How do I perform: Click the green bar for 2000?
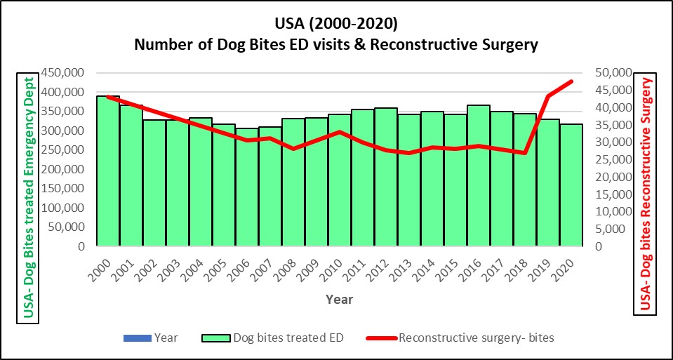(x=108, y=171)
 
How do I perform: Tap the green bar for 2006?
(x=247, y=187)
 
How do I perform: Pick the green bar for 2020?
(x=571, y=185)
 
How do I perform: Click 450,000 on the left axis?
(x=65, y=73)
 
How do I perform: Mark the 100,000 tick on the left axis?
(x=65, y=208)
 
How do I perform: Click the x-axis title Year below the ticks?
(x=339, y=300)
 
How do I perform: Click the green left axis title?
(x=29, y=198)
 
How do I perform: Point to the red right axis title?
(x=646, y=194)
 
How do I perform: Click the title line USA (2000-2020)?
(x=336, y=24)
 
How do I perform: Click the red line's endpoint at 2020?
(x=571, y=81)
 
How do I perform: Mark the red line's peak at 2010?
(x=340, y=132)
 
